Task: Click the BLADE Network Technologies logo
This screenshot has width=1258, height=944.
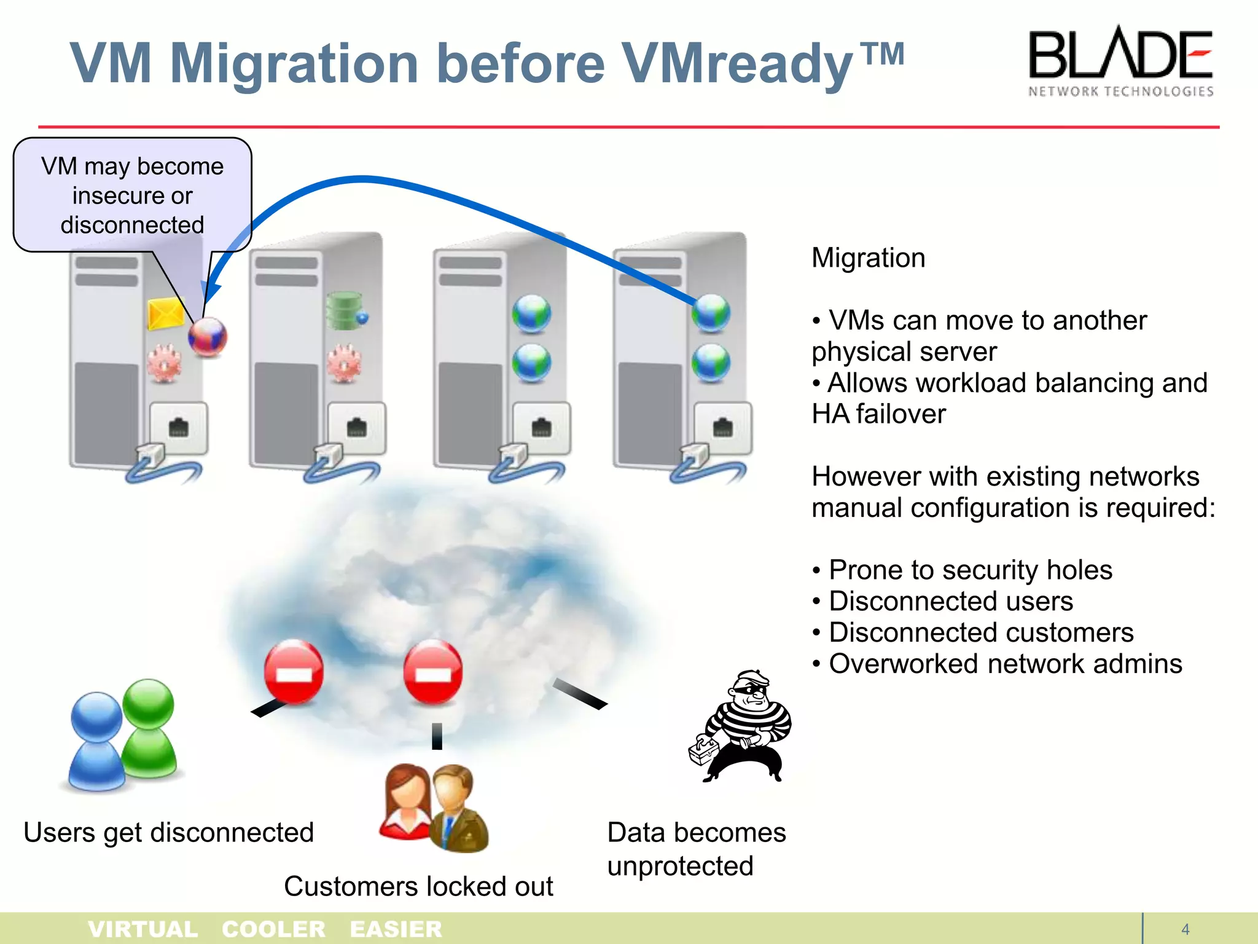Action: tap(1120, 61)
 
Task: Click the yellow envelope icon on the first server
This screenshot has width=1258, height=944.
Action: tap(166, 313)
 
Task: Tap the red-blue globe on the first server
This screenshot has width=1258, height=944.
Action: tap(208, 337)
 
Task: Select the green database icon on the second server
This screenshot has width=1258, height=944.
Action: tap(345, 311)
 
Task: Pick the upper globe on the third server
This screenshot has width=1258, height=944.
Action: tap(531, 313)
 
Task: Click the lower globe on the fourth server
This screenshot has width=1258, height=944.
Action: tap(711, 363)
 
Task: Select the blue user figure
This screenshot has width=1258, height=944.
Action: tap(97, 744)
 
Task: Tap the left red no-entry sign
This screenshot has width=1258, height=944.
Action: tap(294, 673)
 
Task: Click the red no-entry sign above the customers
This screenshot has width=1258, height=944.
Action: tap(433, 673)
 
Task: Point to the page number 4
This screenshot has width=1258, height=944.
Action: tap(1186, 929)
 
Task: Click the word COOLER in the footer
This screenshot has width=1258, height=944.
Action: tap(273, 929)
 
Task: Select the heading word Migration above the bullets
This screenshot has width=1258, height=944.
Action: tap(868, 258)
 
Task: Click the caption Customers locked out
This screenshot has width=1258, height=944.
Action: tap(418, 886)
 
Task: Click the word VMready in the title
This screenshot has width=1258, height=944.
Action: tap(737, 65)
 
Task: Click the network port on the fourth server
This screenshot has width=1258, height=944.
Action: tap(722, 428)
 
